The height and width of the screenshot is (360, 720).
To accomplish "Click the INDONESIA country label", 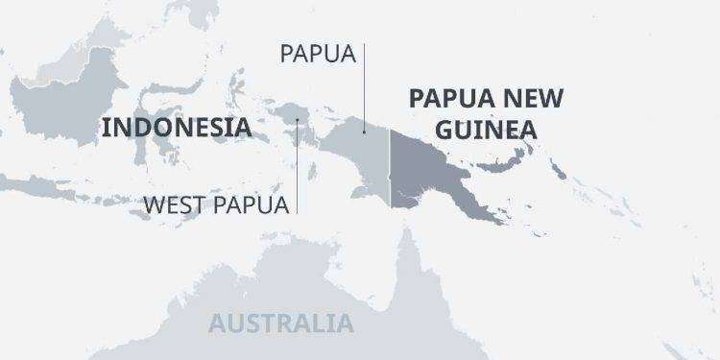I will pos(177,128).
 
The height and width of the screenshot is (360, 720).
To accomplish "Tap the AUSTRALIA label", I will pos(280,323).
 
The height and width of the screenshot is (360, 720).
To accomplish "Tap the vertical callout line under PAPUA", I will pos(365,86).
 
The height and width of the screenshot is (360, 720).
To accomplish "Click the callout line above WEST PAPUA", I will pos(298,163).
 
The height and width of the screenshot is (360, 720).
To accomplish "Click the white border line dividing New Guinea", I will pos(389,173).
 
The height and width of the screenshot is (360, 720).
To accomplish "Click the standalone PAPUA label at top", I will pos(318,53).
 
